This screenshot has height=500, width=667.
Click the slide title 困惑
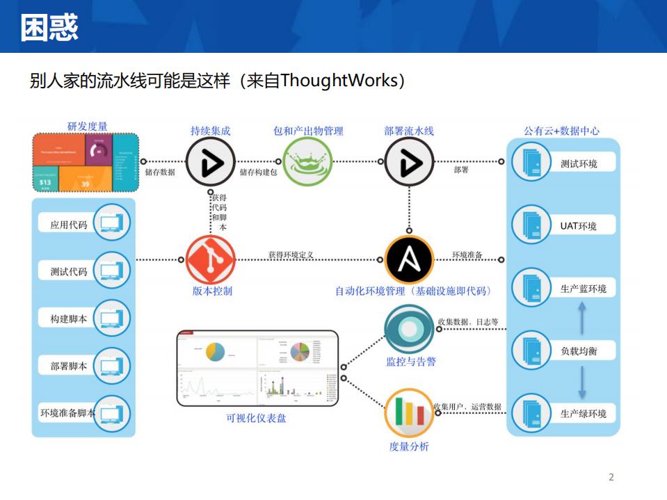[x=49, y=28]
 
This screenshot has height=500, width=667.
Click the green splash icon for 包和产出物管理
[x=306, y=163]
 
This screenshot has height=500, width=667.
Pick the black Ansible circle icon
[x=409, y=259]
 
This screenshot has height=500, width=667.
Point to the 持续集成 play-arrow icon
[x=209, y=163]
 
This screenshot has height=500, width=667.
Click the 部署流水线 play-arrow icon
[x=409, y=163]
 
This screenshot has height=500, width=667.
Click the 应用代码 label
[x=69, y=225]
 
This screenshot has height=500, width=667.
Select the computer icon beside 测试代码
[x=111, y=270]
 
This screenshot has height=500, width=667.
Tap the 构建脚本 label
[x=69, y=318]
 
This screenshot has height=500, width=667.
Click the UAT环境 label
[x=578, y=226]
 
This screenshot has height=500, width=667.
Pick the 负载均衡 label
[x=578, y=351]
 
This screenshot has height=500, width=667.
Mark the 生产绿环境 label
[x=583, y=414]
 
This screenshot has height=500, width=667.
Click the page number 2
[x=611, y=477]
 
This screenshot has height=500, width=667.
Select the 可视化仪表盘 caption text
[x=256, y=418]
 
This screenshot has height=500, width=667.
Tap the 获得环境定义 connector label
[x=291, y=255]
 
